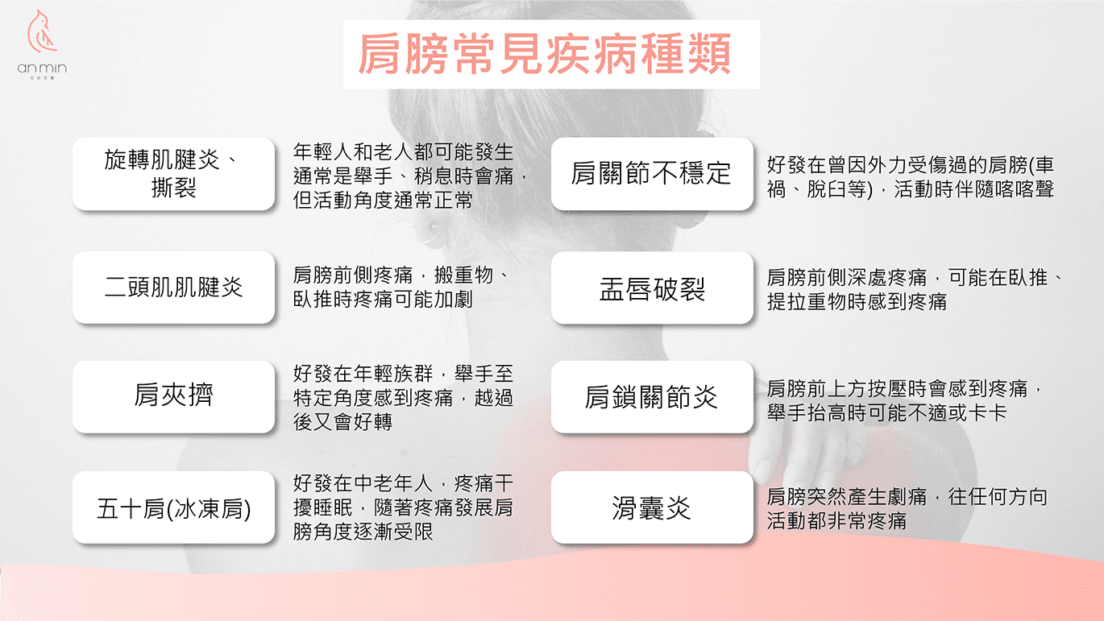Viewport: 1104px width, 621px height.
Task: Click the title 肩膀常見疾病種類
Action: click(x=545, y=54)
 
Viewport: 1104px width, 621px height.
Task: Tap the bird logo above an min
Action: click(x=42, y=31)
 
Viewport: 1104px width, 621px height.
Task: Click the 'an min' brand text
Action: click(x=42, y=68)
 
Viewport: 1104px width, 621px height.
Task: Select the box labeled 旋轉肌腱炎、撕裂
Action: click(x=173, y=174)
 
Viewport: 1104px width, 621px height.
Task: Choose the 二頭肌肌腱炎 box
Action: click(x=173, y=287)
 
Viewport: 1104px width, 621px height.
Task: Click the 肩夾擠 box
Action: click(x=173, y=396)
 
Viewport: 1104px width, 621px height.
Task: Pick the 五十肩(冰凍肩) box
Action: click(x=173, y=507)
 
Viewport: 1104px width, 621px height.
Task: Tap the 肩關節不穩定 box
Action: click(x=652, y=174)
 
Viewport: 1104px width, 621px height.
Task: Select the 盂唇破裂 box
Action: click(x=652, y=288)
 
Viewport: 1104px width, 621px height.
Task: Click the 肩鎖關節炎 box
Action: click(x=652, y=397)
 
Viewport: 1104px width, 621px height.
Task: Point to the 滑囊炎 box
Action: click(x=652, y=507)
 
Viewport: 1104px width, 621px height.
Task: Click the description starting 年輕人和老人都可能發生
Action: click(x=410, y=176)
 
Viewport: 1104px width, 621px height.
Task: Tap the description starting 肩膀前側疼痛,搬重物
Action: click(x=401, y=287)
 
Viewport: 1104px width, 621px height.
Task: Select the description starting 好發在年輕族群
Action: click(x=403, y=397)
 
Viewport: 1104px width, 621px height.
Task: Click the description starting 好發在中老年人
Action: click(x=403, y=507)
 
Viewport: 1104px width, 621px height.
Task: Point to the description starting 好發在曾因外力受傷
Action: click(x=911, y=176)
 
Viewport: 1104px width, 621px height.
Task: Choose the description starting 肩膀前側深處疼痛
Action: click(x=915, y=290)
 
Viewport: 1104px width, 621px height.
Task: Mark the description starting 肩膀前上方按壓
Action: click(x=905, y=400)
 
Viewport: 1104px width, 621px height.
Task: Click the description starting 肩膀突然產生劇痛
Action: click(x=907, y=509)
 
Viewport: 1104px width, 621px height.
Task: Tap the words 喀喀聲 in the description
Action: click(x=1023, y=189)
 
